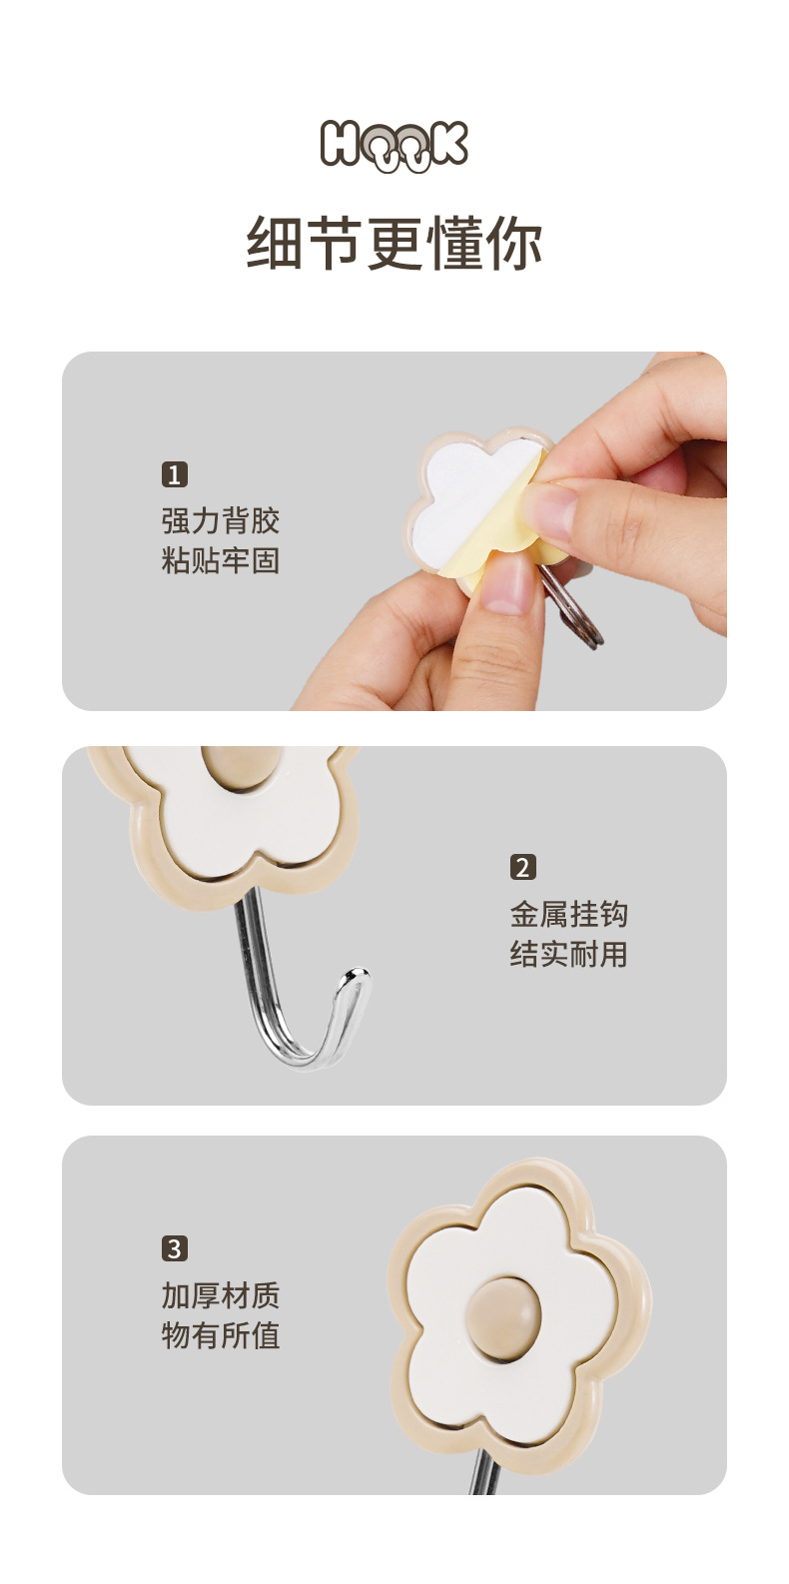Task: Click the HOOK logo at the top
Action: point(394,146)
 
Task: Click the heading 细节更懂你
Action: point(394,243)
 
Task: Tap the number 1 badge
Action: point(175,473)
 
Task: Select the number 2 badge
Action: point(523,867)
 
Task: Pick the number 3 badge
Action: point(175,1248)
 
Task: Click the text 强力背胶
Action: point(221,521)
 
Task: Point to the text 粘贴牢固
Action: point(221,560)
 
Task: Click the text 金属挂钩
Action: point(569,914)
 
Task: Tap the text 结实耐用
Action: point(569,954)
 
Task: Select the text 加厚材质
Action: point(221,1295)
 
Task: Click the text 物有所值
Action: point(221,1335)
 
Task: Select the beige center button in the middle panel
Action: point(239,767)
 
